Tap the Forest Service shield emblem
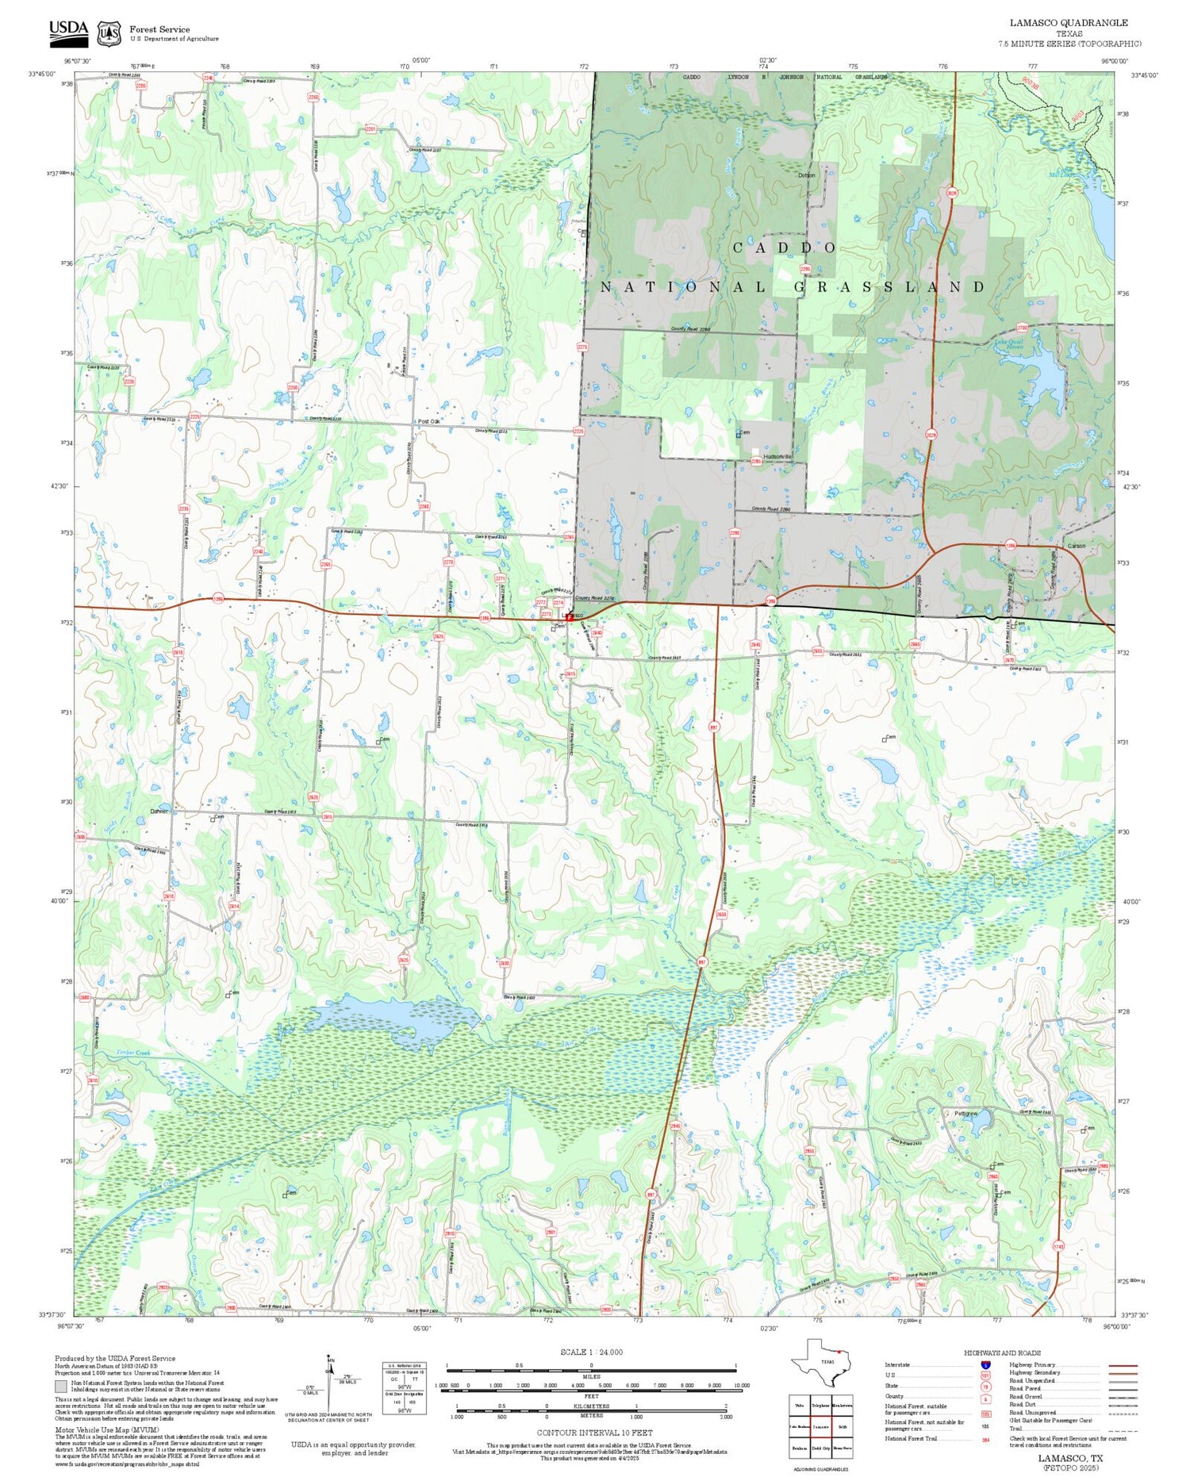109,33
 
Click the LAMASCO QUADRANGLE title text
1068,23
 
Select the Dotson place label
806,175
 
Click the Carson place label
1076,546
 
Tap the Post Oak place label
428,421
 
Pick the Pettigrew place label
966,1113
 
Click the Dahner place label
159,811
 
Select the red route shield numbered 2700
1022,328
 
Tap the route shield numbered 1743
1058,1246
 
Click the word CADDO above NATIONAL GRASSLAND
784,247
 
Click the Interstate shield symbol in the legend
985,1364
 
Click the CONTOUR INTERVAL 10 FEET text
594,1433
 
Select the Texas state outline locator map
822,1364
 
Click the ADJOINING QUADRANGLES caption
820,1469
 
